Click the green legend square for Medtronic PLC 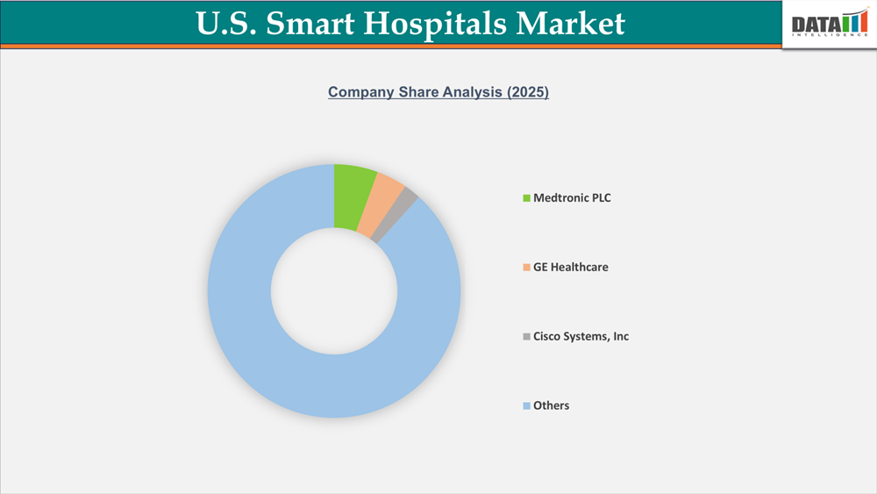tap(527, 198)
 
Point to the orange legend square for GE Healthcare tap(527, 268)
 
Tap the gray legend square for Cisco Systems tap(527, 337)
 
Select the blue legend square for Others tap(527, 406)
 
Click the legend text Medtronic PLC tap(572, 198)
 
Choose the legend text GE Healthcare tap(570, 268)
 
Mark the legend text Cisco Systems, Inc tap(581, 337)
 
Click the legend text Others tap(552, 406)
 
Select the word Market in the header tap(571, 24)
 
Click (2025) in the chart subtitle tap(528, 92)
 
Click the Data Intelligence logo tap(829, 25)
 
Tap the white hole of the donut tap(334, 291)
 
